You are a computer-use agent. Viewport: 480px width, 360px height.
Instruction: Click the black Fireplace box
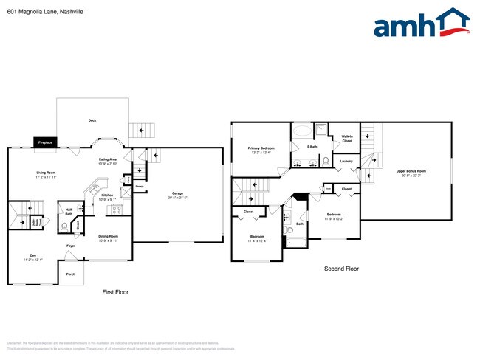pos(44,143)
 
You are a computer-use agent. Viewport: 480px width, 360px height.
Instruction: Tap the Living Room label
pos(47,175)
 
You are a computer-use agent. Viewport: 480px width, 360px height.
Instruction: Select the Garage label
pos(177,195)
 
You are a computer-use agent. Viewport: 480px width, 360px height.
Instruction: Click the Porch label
pos(71,274)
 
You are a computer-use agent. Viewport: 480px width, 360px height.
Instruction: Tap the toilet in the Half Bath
pos(79,208)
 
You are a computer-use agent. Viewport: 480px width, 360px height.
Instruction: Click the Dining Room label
pos(109,238)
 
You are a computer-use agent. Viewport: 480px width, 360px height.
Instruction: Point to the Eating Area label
pos(109,160)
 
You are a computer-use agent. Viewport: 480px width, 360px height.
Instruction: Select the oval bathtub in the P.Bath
pos(303,133)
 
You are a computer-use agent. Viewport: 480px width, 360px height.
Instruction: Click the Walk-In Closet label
pos(346,139)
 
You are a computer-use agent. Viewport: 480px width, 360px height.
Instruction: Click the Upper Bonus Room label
pos(411,172)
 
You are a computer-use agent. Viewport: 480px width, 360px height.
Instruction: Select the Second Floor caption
pos(341,269)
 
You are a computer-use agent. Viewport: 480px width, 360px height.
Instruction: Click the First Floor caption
pos(114,292)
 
